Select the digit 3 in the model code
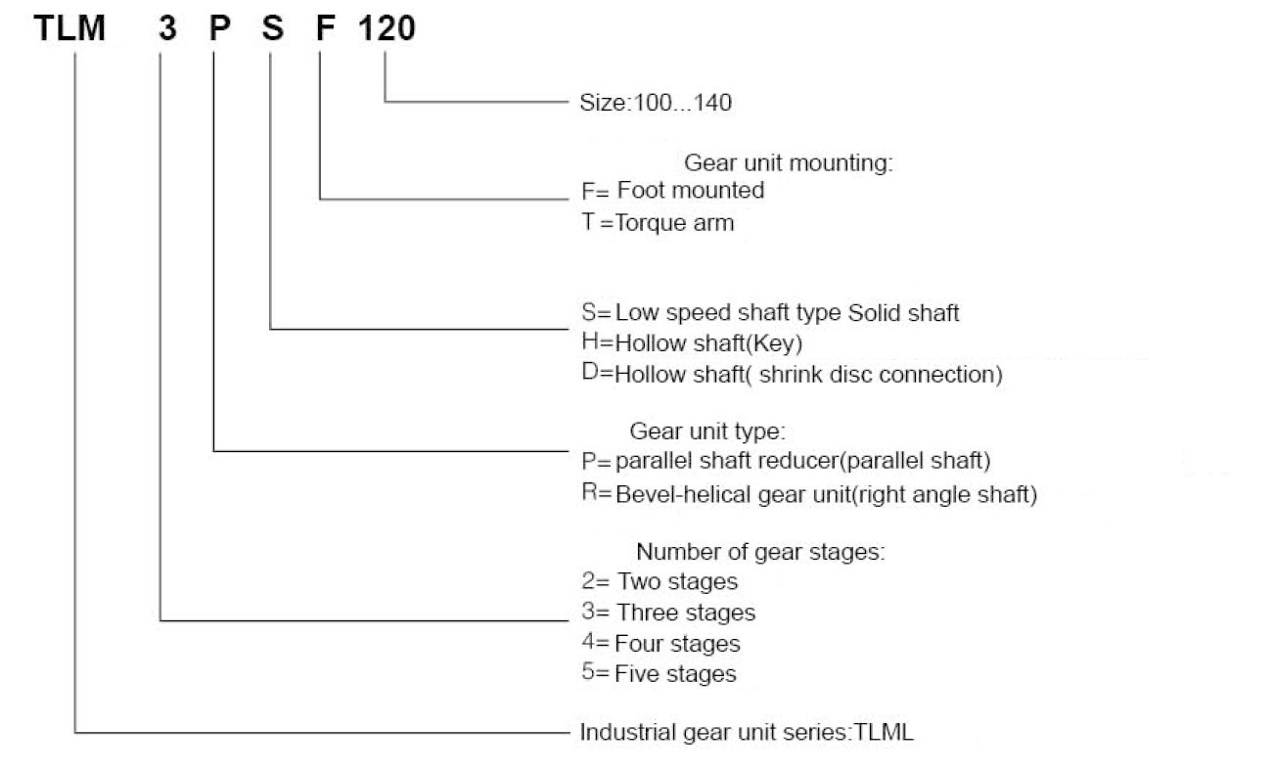[x=167, y=29]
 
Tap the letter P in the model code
[x=220, y=29]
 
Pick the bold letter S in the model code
[x=273, y=29]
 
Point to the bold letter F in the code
[x=325, y=29]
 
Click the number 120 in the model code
[x=386, y=29]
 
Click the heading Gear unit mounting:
[x=789, y=163]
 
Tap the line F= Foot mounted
[x=672, y=191]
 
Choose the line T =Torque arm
[x=657, y=223]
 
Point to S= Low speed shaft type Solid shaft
[x=770, y=313]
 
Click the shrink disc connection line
[x=792, y=375]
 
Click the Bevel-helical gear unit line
[x=808, y=493]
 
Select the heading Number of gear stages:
[x=760, y=552]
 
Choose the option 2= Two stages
[x=659, y=582]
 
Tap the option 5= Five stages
[x=658, y=674]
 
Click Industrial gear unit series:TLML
[x=747, y=732]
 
